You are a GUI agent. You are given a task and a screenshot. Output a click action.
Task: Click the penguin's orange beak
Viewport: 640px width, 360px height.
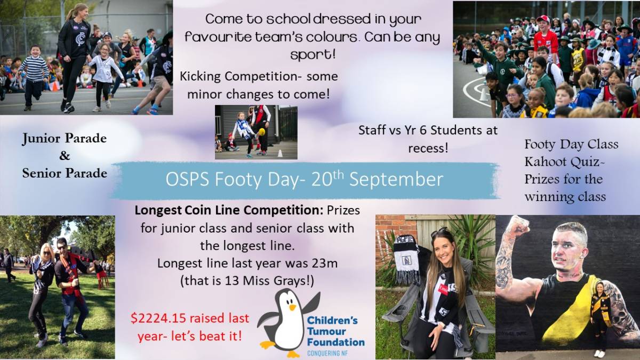pyautogui.click(x=292, y=307)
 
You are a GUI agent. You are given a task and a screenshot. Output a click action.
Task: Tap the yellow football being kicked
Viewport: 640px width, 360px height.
pyautogui.click(x=261, y=132)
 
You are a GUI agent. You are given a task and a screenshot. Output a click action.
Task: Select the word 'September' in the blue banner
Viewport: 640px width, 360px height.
pyautogui.click(x=396, y=179)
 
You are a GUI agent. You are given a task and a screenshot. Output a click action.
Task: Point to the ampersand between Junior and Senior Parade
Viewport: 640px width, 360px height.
pyautogui.click(x=65, y=156)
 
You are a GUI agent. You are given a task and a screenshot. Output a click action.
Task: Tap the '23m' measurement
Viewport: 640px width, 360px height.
pyautogui.click(x=325, y=263)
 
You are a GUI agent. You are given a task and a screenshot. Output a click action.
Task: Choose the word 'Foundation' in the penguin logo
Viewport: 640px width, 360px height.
pyautogui.click(x=335, y=342)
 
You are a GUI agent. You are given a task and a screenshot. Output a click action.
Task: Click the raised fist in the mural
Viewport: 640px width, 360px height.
pyautogui.click(x=519, y=226)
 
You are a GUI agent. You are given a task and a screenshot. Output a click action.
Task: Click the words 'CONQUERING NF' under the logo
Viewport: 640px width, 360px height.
pyautogui.click(x=327, y=354)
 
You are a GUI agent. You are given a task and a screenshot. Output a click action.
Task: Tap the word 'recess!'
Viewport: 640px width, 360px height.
pyautogui.click(x=428, y=148)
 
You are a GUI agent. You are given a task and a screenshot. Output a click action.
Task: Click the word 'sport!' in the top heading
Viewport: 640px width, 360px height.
pyautogui.click(x=313, y=54)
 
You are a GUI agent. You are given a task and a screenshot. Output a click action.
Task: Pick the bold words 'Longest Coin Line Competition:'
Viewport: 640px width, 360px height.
pyautogui.click(x=229, y=210)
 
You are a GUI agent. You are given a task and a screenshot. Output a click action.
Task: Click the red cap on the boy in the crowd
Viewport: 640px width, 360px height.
pyautogui.click(x=543, y=19)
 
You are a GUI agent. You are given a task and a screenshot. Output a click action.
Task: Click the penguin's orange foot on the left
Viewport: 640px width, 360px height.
pyautogui.click(x=268, y=345)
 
